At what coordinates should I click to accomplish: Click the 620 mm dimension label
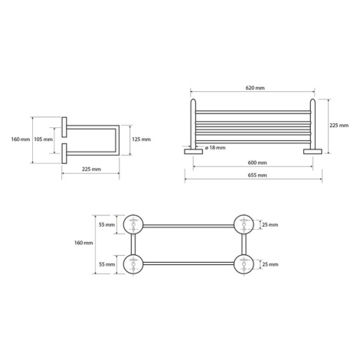pyautogui.click(x=255, y=88)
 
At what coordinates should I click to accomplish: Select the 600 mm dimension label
pyautogui.click(x=257, y=162)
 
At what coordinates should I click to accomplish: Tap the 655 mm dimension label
pyautogui.click(x=257, y=175)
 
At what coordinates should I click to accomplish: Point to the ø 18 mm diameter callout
pyautogui.click(x=215, y=148)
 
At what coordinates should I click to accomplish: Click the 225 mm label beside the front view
pyautogui.click(x=339, y=126)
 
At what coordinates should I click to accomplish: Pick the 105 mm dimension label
pyautogui.click(x=44, y=139)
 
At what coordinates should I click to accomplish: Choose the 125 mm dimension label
pyautogui.click(x=141, y=139)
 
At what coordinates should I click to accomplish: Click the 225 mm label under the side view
pyautogui.click(x=91, y=169)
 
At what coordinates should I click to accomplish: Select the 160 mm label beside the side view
pyautogui.click(x=21, y=139)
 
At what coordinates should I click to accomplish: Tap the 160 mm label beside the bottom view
pyautogui.click(x=83, y=243)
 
